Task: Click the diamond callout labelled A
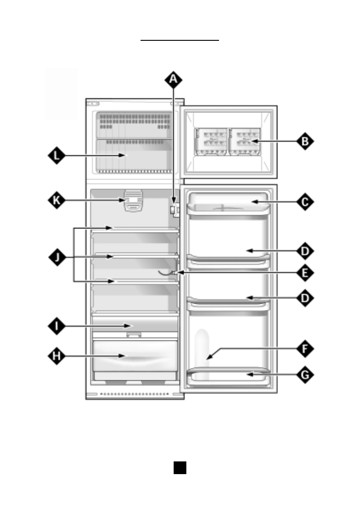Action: (x=173, y=80)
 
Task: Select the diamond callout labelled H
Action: (x=56, y=356)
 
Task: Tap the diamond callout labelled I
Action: (x=56, y=326)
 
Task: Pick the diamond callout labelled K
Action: (x=56, y=201)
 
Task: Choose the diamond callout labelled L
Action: (x=56, y=156)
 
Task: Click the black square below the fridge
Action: (x=180, y=468)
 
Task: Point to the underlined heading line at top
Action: (x=180, y=40)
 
